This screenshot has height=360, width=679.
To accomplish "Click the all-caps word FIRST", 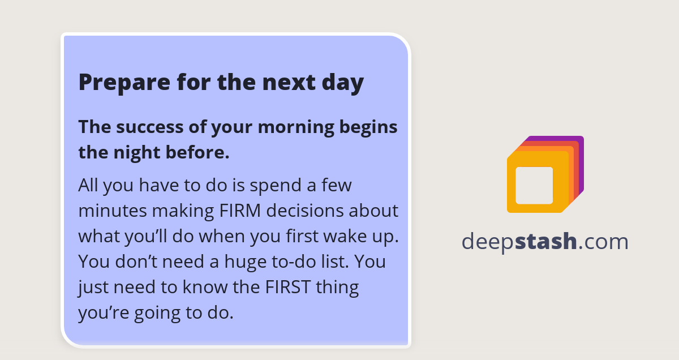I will pyautogui.click(x=288, y=287).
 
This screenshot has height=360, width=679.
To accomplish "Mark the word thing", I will pyautogui.click(x=337, y=287).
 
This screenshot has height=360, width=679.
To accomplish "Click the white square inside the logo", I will pyautogui.click(x=534, y=185).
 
